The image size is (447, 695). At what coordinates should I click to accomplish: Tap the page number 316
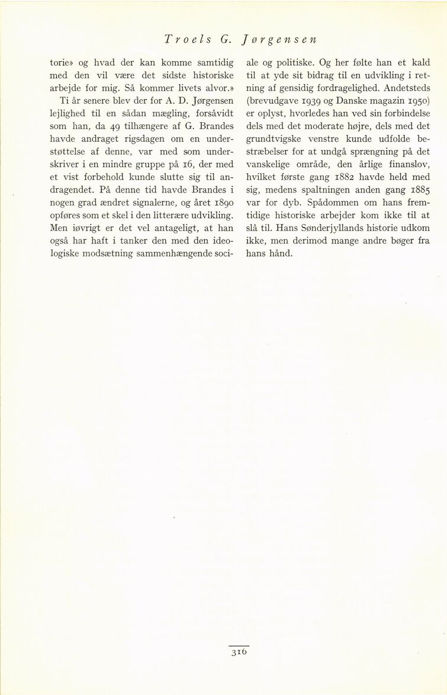tap(236, 653)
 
